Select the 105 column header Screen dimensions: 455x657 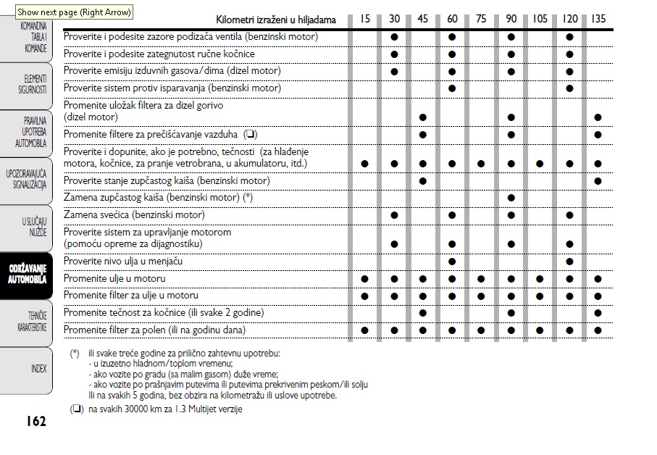tap(539, 19)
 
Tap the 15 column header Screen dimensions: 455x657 tap(365, 19)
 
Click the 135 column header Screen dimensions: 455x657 tap(598, 19)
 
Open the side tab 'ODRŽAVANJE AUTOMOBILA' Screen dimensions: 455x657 tap(27, 275)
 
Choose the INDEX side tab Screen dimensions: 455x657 tap(38, 369)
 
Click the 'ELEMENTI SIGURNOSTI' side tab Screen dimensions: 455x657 tap(33, 84)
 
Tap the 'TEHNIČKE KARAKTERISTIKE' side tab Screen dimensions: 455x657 tap(32, 322)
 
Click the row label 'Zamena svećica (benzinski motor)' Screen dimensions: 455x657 tap(134, 215)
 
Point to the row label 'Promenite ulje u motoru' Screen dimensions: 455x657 tap(114, 279)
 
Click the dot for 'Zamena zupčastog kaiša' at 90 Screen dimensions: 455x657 tap(511, 198)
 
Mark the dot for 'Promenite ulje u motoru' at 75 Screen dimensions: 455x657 tap(481, 279)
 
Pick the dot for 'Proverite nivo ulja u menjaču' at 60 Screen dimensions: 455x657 tap(452, 262)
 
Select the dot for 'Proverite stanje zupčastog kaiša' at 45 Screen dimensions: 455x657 tap(423, 181)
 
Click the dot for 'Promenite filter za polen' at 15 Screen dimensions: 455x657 tap(365, 330)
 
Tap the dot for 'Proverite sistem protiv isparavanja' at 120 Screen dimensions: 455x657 tap(569, 88)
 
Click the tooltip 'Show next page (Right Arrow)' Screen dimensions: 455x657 tap(75, 12)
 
